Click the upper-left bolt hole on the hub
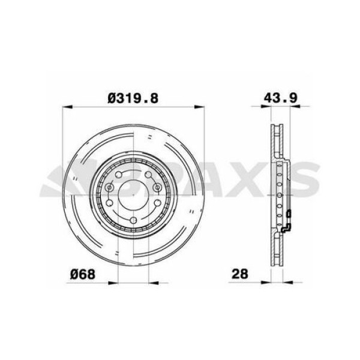click(x=118, y=174)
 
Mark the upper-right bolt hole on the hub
click(x=147, y=174)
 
